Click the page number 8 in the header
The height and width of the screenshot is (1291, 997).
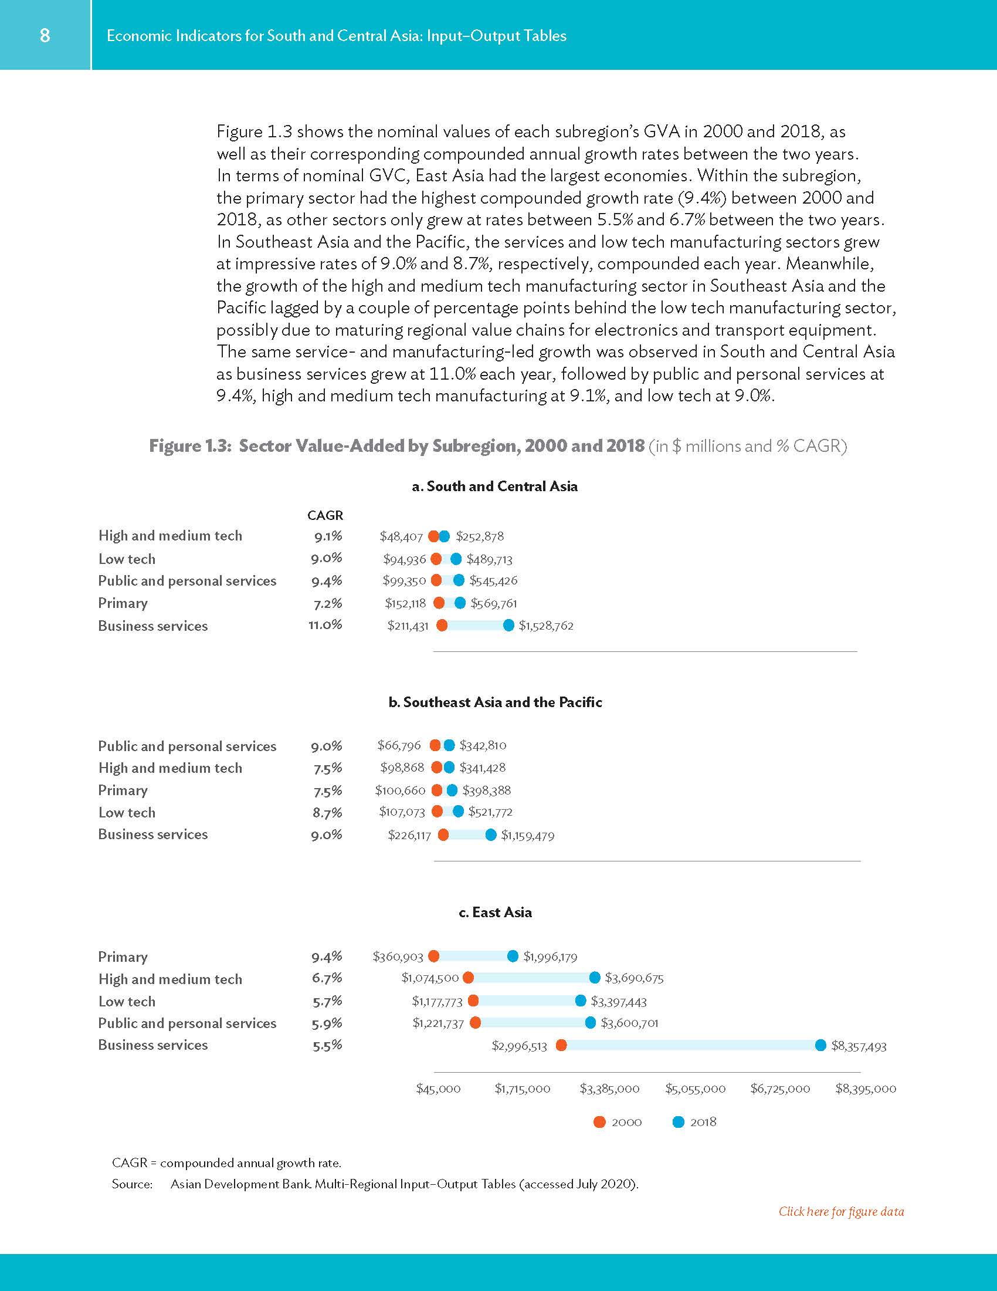[45, 35]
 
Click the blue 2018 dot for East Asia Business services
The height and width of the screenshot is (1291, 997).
[820, 1045]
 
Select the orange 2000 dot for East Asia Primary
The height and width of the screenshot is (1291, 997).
[433, 956]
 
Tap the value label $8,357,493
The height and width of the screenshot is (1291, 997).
[859, 1046]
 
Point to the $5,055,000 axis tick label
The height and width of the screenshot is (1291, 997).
[695, 1089]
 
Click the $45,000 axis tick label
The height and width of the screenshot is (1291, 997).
[438, 1089]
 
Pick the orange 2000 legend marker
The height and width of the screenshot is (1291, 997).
[599, 1122]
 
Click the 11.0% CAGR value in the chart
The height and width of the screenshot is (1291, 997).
[325, 625]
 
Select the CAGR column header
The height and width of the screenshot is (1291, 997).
[325, 515]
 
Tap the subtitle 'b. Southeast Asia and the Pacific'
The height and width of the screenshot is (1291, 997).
[495, 702]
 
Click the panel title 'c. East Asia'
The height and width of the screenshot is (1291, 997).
[495, 912]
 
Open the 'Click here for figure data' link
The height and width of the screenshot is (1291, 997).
[841, 1211]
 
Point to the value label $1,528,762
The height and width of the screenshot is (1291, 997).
[546, 626]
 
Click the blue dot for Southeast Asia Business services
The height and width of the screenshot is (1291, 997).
[491, 834]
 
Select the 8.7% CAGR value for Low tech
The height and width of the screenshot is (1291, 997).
[327, 813]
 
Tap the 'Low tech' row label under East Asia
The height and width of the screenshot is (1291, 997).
[127, 1001]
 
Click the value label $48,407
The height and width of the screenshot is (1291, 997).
[401, 537]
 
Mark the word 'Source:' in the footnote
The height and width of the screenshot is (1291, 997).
[133, 1184]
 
